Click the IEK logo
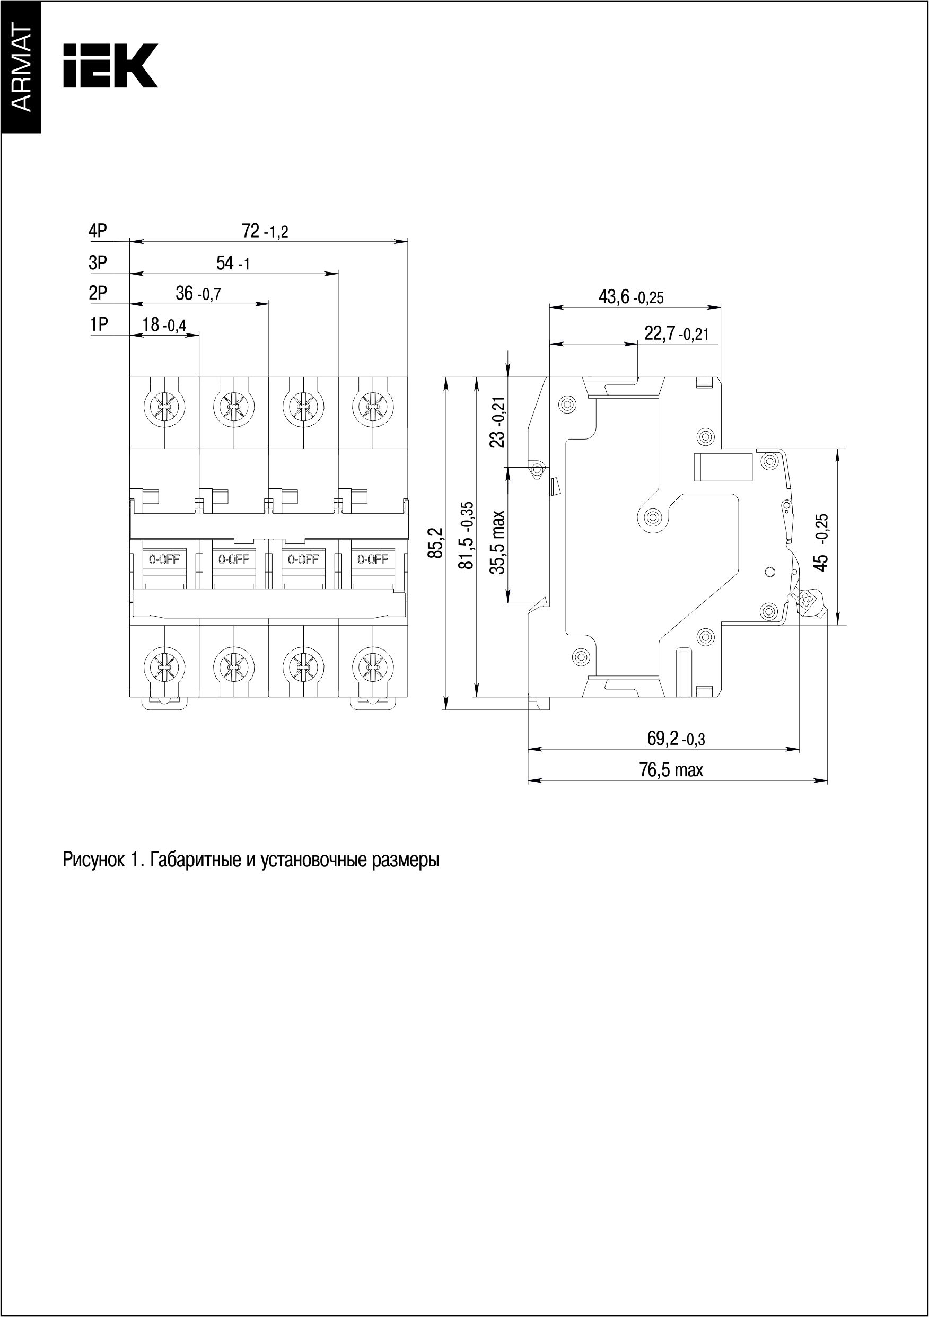pyautogui.click(x=110, y=65)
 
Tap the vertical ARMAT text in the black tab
pyautogui.click(x=21, y=68)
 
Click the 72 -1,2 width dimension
pyautogui.click(x=265, y=231)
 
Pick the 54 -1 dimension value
pyautogui.click(x=233, y=264)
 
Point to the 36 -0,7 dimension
pyautogui.click(x=197, y=294)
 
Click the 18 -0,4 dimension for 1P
pyautogui.click(x=164, y=324)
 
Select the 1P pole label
pyautogui.click(x=98, y=324)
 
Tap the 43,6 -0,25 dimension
pyautogui.click(x=630, y=296)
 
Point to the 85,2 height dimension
pyautogui.click(x=437, y=542)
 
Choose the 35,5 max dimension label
pyautogui.click(x=498, y=542)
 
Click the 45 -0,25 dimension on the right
pyautogui.click(x=822, y=542)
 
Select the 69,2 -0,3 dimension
pyautogui.click(x=676, y=739)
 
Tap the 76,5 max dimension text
pyautogui.click(x=671, y=770)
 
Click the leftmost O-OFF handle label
pyautogui.click(x=165, y=560)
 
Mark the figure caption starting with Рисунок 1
pyautogui.click(x=251, y=861)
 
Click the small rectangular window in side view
pyautogui.click(x=723, y=467)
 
